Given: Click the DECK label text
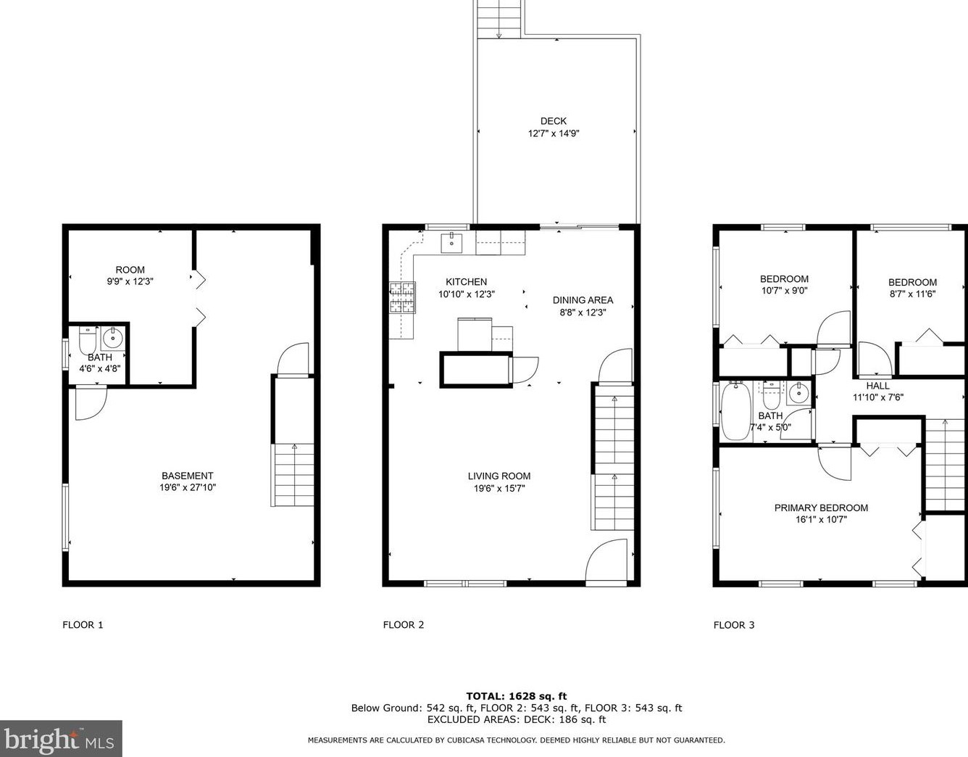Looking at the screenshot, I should [553, 121].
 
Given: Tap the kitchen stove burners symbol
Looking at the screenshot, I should [404, 297].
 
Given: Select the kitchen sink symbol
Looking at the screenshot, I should [453, 242].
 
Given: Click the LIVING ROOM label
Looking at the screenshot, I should [498, 476].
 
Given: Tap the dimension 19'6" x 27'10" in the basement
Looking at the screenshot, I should [188, 488].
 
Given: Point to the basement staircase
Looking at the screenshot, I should [293, 475].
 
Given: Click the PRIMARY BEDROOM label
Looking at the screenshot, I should [821, 508].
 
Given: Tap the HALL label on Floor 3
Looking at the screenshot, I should [878, 386].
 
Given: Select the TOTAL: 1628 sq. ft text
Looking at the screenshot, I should [516, 696].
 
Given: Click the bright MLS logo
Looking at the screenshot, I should [61, 739].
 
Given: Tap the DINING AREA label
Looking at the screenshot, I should [583, 299].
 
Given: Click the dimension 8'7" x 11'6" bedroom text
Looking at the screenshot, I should [912, 294].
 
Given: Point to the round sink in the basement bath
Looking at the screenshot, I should [113, 337].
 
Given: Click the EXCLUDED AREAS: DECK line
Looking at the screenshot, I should [516, 719].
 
